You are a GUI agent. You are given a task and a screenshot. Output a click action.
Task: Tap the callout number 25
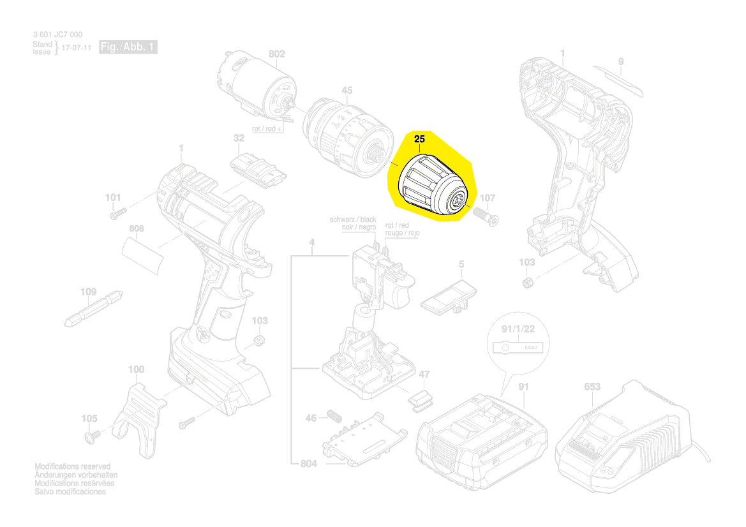tap(419, 139)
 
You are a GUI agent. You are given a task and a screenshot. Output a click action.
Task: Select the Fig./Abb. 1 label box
tap(128, 47)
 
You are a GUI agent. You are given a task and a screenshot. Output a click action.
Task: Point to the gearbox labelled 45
tap(348, 137)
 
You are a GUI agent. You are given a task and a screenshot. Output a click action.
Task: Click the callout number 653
tap(592, 387)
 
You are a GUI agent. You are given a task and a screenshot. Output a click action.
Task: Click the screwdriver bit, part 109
tap(94, 309)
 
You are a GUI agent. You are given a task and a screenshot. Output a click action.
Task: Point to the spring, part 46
tap(334, 415)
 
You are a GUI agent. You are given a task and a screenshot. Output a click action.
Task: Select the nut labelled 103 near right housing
tap(527, 283)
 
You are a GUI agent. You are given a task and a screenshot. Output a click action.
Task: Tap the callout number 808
tap(136, 229)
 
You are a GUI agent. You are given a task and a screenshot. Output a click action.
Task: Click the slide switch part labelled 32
tap(258, 170)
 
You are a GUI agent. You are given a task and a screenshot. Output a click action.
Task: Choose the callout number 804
tap(308, 463)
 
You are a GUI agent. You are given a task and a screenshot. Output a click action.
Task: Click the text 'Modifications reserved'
tap(72, 466)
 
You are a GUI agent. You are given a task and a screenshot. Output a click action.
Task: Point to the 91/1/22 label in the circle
tap(518, 329)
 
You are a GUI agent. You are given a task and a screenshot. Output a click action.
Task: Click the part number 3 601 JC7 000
tap(57, 34)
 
